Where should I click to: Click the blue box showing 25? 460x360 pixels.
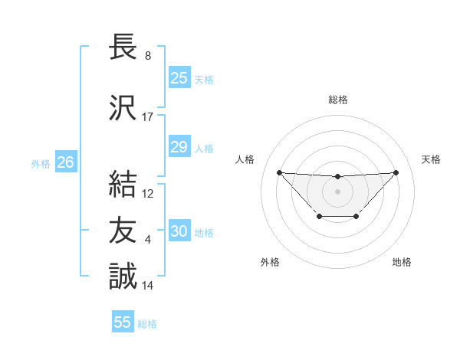click(179, 78)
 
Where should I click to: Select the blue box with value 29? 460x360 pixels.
click(179, 147)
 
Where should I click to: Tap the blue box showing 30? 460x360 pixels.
click(179, 231)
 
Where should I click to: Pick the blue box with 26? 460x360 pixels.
click(65, 162)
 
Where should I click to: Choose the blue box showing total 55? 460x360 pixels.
click(123, 322)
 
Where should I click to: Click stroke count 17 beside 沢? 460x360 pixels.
click(148, 117)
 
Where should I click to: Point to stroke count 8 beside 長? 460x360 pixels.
click(147, 56)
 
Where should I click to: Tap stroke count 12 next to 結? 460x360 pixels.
click(148, 194)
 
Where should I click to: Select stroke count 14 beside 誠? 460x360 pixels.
click(148, 286)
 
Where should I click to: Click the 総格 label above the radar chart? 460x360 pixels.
click(337, 100)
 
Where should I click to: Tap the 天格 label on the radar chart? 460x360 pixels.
click(432, 159)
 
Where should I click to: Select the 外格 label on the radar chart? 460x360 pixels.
click(270, 262)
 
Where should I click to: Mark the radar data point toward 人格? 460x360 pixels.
click(279, 172)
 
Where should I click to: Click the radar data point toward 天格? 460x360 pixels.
click(396, 172)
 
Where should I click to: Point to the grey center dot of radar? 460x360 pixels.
click(337, 191)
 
